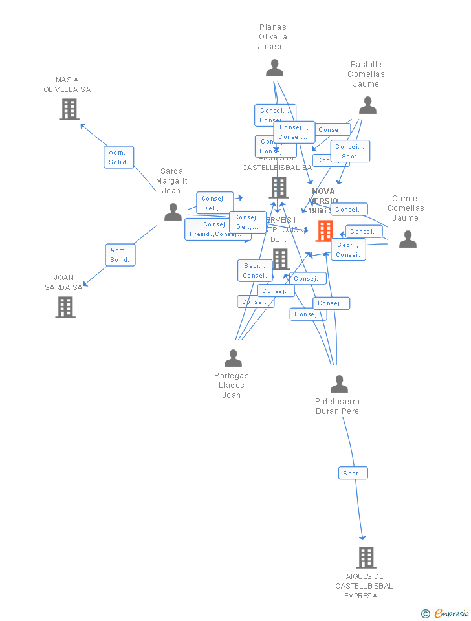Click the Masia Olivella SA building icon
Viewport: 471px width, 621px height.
69,109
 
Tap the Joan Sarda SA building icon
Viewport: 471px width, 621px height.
65,307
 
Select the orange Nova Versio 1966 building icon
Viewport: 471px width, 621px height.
325,230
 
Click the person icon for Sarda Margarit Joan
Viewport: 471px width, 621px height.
173,212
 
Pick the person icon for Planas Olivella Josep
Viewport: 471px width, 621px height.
274,68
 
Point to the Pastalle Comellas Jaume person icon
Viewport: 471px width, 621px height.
367,105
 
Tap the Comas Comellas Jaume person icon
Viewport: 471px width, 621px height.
408,239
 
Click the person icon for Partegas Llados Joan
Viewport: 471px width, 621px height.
233,358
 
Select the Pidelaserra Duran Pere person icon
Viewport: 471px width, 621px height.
339,384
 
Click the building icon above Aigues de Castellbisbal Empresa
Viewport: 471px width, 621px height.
366,557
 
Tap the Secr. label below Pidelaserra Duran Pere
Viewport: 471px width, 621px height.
353,474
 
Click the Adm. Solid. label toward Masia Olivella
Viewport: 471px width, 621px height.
119,157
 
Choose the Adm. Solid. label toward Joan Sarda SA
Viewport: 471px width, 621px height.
120,255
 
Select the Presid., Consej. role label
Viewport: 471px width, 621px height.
217,229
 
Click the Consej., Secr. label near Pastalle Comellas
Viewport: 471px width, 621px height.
350,151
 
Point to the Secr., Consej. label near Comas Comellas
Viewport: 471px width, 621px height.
348,250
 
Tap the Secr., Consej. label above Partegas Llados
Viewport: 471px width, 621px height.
255,270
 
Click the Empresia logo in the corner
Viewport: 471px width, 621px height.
446,613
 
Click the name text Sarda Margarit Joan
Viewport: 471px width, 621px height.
171,181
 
